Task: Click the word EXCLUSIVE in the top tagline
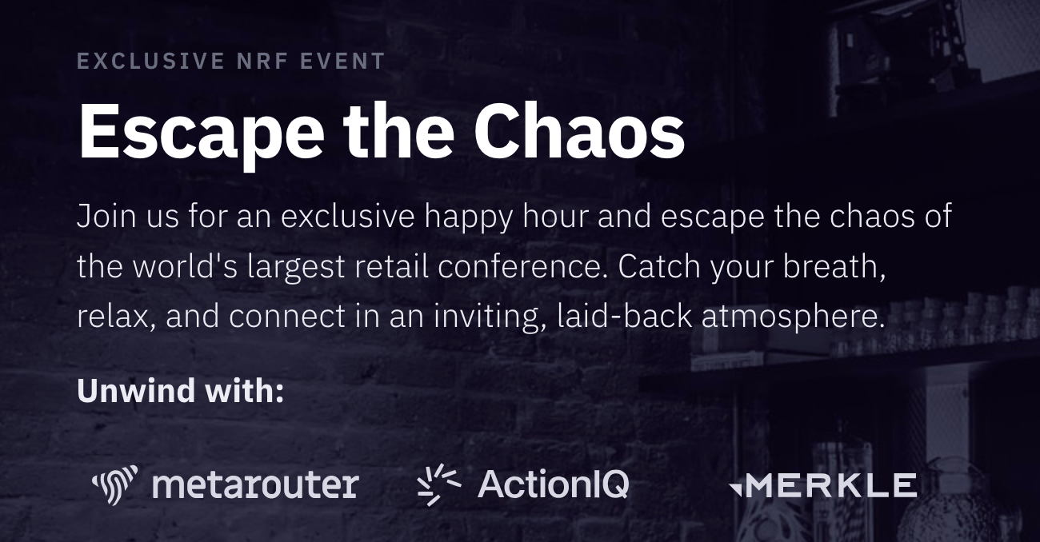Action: (x=151, y=62)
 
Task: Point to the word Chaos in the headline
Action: (x=579, y=130)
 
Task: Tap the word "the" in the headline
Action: (x=398, y=130)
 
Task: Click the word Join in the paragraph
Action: (x=106, y=217)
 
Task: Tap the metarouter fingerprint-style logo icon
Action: (x=114, y=484)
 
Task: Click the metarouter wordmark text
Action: (x=255, y=485)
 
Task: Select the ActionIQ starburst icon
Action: (x=438, y=484)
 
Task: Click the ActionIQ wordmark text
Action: (x=554, y=484)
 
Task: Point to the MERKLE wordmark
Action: (x=830, y=485)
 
